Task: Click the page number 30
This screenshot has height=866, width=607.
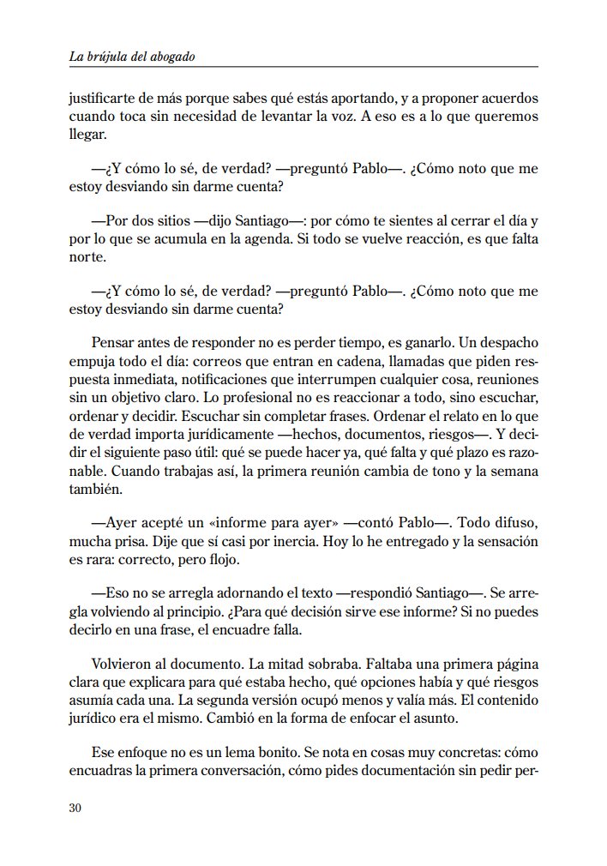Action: [x=75, y=809]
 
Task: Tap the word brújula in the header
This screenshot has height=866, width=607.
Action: [x=106, y=57]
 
